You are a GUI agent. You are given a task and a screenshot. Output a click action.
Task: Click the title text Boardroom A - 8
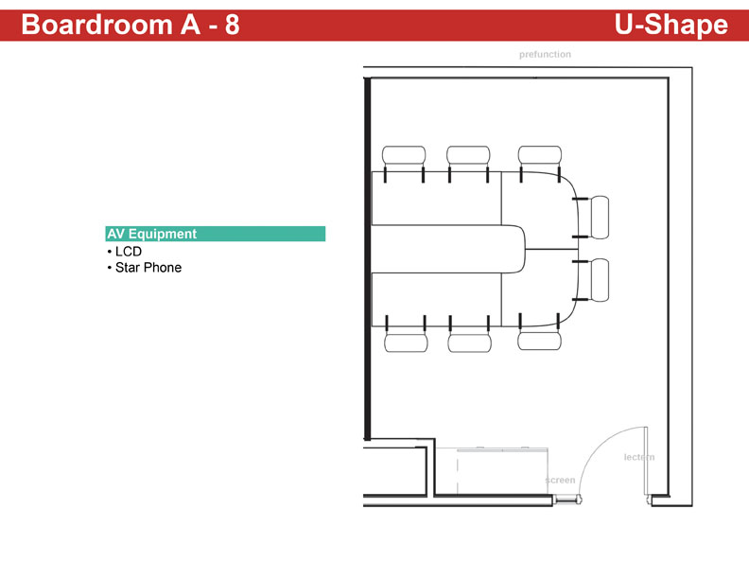click(x=130, y=25)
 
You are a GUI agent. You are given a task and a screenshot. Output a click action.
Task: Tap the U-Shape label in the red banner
click(x=671, y=26)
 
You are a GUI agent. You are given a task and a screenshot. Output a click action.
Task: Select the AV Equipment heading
click(x=152, y=234)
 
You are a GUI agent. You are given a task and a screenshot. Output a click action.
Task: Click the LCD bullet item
click(x=125, y=252)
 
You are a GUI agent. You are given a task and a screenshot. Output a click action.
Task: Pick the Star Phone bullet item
click(x=145, y=268)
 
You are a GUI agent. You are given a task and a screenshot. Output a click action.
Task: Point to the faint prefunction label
click(x=545, y=55)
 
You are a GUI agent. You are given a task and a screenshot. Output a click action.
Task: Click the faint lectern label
click(x=639, y=457)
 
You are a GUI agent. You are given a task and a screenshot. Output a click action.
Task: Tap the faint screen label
click(x=560, y=480)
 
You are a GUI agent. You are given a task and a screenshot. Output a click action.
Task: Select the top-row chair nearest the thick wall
click(x=404, y=156)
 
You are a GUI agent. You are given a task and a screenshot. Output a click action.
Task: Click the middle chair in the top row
click(x=468, y=156)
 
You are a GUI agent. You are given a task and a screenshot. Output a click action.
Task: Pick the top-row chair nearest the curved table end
click(x=540, y=156)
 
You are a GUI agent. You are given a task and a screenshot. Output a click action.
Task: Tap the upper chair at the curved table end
click(x=600, y=218)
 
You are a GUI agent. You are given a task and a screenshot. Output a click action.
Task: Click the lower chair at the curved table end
click(x=600, y=280)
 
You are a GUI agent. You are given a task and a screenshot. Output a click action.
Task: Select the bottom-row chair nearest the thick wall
click(x=406, y=342)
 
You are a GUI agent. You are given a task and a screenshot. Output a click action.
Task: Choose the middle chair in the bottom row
click(x=470, y=342)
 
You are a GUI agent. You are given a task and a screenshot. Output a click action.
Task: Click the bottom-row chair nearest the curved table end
click(x=539, y=341)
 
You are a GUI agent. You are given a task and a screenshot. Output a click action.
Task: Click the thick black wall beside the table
click(x=367, y=258)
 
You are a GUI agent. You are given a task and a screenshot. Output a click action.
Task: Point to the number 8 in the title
click(x=232, y=25)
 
